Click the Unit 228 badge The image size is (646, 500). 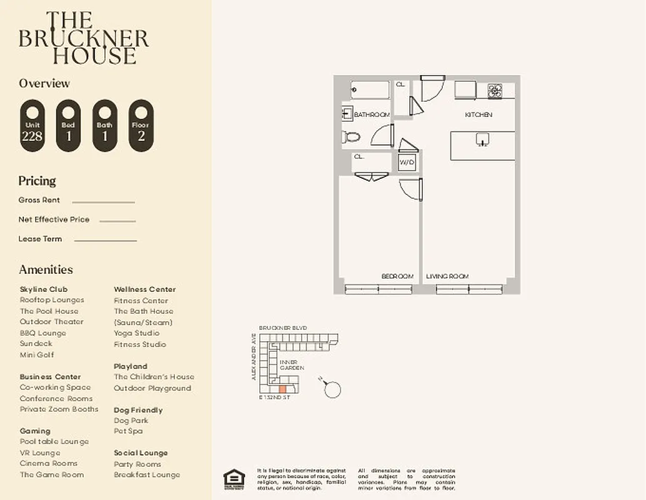(x=32, y=126)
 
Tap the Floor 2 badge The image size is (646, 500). (x=141, y=126)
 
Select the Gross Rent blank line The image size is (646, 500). (x=103, y=202)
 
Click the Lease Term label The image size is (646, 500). (x=40, y=239)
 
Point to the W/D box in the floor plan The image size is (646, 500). (x=407, y=162)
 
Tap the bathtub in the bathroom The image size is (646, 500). (x=370, y=90)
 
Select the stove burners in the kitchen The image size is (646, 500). (x=495, y=91)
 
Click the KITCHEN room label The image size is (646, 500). (x=478, y=115)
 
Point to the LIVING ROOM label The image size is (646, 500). (x=447, y=276)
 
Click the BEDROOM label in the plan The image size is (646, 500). (x=397, y=276)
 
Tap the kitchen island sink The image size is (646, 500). (x=482, y=139)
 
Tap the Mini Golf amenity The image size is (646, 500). (x=37, y=355)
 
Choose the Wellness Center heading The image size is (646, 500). (x=144, y=289)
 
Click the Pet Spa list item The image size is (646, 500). (x=128, y=431)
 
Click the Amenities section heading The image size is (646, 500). (x=46, y=269)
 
